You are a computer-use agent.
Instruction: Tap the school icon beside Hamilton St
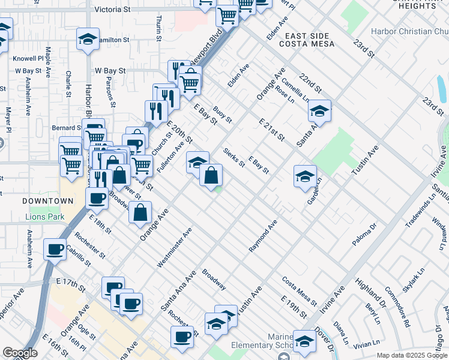[x=88, y=40]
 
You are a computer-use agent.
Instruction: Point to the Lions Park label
[x=44, y=216]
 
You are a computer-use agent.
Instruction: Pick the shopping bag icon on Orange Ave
[x=140, y=212]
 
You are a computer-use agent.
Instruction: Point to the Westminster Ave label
[x=175, y=247]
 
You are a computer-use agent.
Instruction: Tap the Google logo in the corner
[x=20, y=353]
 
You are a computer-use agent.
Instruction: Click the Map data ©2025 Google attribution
[x=412, y=355]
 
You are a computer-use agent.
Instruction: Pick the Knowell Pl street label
[x=29, y=59]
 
